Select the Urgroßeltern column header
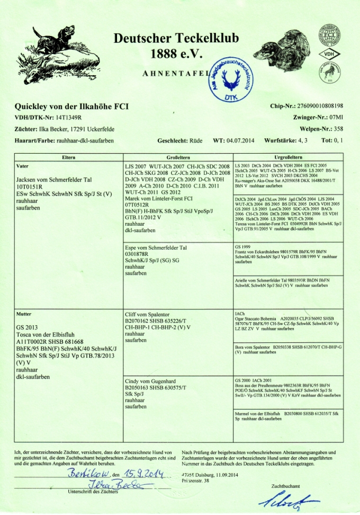tap(288, 157)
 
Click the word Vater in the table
tap(22, 166)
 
